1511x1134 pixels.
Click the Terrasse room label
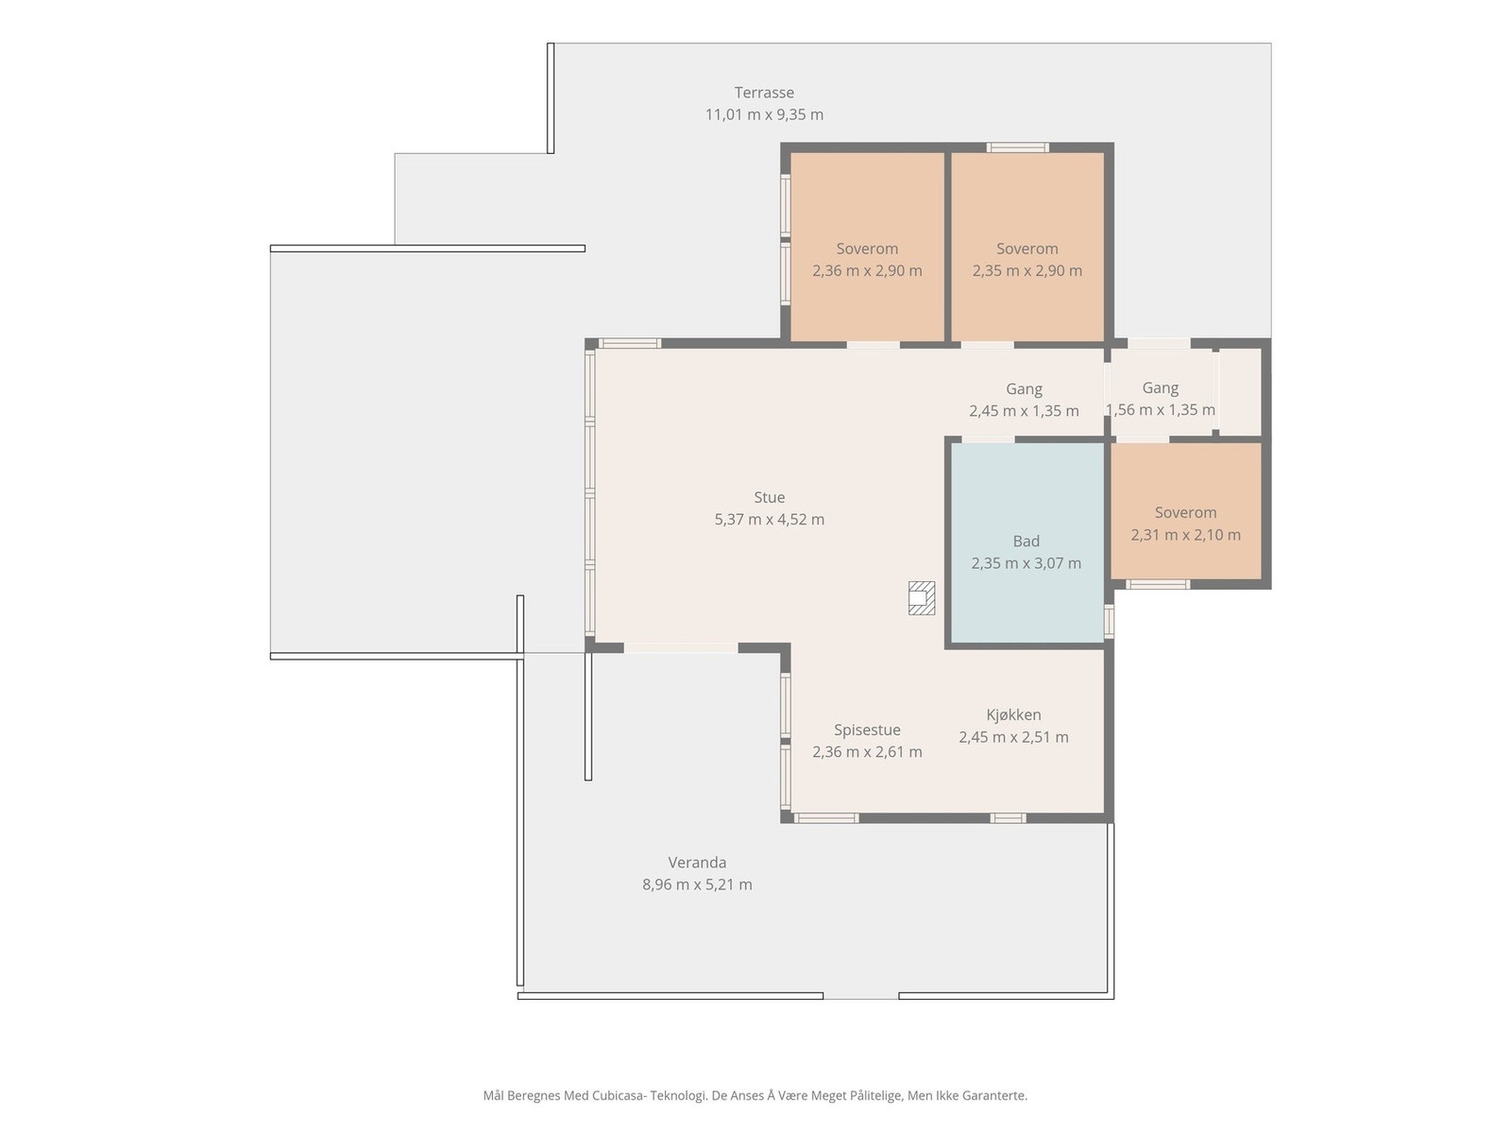763,93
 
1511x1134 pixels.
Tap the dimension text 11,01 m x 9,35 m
763,114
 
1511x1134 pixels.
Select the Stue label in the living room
769,497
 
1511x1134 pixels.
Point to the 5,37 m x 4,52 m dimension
769,519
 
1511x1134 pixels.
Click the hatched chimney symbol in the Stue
921,597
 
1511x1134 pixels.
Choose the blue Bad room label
1026,541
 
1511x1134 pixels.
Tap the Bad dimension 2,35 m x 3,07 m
1026,563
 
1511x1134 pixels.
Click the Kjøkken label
1013,714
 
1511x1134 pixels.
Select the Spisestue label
867,730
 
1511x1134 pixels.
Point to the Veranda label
697,862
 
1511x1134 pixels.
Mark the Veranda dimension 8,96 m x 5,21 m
697,885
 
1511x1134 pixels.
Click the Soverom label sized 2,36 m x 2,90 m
867,249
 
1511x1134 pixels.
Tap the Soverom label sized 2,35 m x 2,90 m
1027,249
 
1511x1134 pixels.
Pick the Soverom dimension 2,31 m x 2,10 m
1185,534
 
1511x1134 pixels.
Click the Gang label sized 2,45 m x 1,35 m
1024,389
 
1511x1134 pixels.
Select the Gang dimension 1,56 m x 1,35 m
1160,410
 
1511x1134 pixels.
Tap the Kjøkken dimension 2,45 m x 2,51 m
1013,737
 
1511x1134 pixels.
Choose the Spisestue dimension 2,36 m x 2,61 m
867,752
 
